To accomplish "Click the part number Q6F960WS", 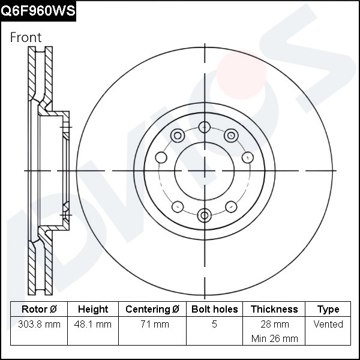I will click(x=38, y=10).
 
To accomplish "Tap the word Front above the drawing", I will click(x=26, y=37).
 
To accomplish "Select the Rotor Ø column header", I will click(x=39, y=310).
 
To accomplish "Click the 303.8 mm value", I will click(x=39, y=325).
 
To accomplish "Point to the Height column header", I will click(x=93, y=310).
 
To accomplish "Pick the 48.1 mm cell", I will click(x=93, y=325).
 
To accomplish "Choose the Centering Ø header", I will click(x=152, y=310).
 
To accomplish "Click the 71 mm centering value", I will click(x=152, y=325).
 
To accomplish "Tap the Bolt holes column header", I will click(x=214, y=310).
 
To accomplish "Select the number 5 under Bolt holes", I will click(x=214, y=325).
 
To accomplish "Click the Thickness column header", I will click(x=274, y=310).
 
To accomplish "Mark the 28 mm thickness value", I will click(x=274, y=325).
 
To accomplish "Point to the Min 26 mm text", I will click(x=274, y=338).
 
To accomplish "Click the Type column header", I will click(x=328, y=310).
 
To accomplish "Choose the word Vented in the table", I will click(x=328, y=325).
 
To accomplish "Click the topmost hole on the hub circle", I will click(x=205, y=127).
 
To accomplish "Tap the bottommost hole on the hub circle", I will click(x=205, y=215).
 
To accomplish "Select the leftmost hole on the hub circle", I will click(x=161, y=157).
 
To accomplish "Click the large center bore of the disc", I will click(x=205, y=171).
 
